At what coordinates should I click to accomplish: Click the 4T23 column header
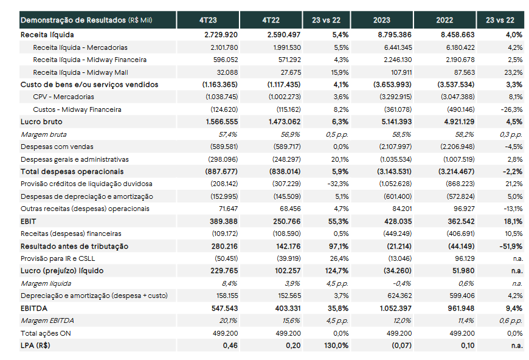(208, 20)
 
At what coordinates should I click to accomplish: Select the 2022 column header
(444, 20)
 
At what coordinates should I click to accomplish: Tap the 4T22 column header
(271, 20)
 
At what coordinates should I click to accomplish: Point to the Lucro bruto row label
(41, 122)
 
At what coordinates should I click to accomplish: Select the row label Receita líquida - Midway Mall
(80, 72)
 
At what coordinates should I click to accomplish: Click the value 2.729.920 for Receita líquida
(221, 35)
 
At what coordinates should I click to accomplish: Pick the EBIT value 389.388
(224, 222)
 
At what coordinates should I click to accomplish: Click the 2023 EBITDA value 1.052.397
(396, 308)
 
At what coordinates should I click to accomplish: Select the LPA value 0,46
(230, 345)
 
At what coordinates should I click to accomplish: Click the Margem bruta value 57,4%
(228, 134)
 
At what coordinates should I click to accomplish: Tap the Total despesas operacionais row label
(72, 171)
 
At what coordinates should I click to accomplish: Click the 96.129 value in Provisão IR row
(465, 259)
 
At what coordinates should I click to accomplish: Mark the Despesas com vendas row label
(57, 147)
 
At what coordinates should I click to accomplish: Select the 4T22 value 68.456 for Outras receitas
(290, 209)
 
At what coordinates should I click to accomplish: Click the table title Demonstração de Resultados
(73, 20)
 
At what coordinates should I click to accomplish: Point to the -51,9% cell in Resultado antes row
(511, 247)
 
